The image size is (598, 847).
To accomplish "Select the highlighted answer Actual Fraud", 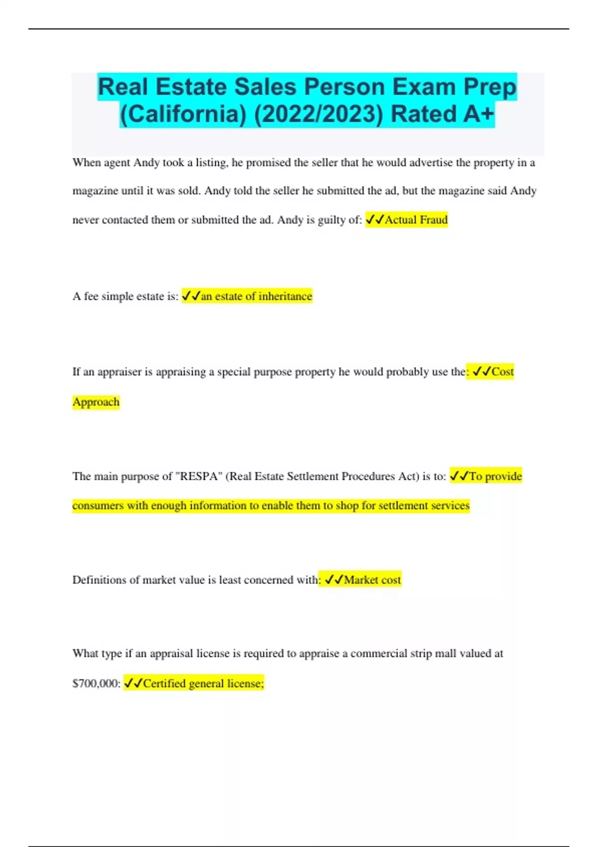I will [416, 220].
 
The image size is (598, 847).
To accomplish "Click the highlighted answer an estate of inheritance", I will [256, 296].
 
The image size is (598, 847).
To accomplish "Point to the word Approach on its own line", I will [96, 402].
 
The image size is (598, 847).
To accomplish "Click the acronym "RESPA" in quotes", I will [200, 476].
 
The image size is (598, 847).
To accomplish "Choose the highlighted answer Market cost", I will [372, 580].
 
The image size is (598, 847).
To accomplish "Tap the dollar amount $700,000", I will [97, 684].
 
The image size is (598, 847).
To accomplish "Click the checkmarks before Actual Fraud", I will [375, 220].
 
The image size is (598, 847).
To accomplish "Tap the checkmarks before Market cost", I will [334, 580].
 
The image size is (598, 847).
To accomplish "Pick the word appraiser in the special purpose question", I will [120, 372].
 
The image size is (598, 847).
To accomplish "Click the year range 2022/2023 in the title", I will [319, 114].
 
